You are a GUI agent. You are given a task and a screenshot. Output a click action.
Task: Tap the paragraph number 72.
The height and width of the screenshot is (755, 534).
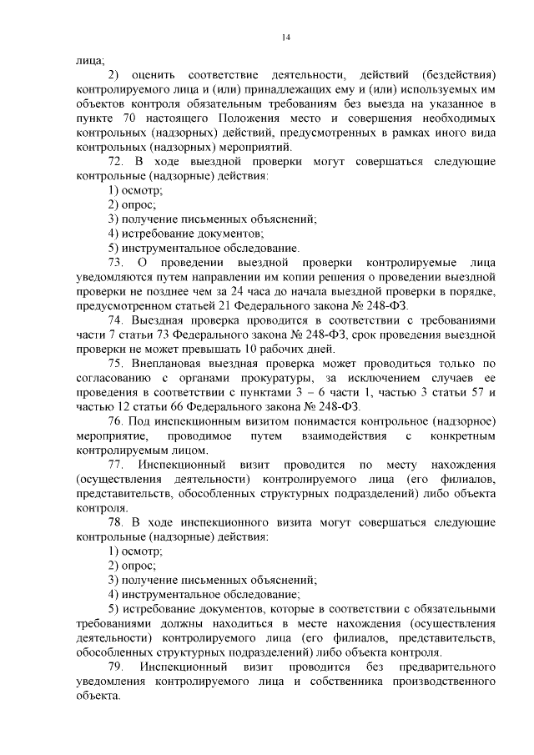(117, 160)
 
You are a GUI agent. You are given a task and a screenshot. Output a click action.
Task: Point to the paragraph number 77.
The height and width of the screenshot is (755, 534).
(117, 464)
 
